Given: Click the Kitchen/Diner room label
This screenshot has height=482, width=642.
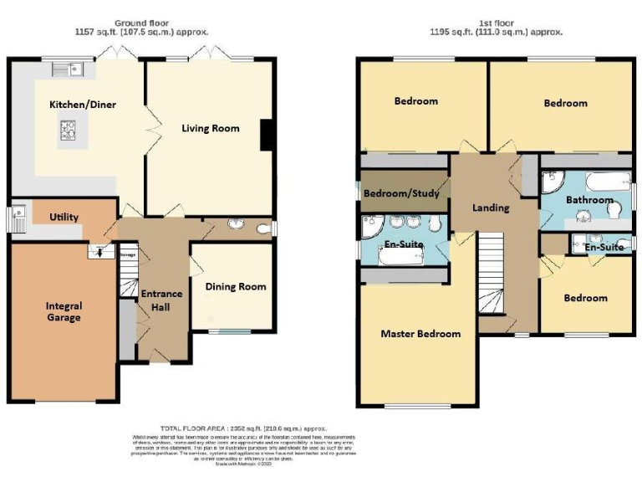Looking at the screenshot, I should (x=82, y=105).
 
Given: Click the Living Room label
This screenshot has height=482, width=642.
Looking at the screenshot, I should (x=211, y=128).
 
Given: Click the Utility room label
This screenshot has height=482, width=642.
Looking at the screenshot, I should (x=64, y=218).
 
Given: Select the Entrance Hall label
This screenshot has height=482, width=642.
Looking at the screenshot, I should (x=160, y=300).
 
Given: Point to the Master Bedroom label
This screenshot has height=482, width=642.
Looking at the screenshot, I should (x=420, y=334).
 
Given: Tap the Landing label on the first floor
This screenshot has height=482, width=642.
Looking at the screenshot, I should (x=490, y=208).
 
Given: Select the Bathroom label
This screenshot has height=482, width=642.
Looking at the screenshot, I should (x=589, y=201).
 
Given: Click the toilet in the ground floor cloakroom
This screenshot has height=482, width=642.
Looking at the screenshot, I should (x=263, y=227).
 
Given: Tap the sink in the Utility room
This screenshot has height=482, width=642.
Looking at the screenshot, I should (x=20, y=220).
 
